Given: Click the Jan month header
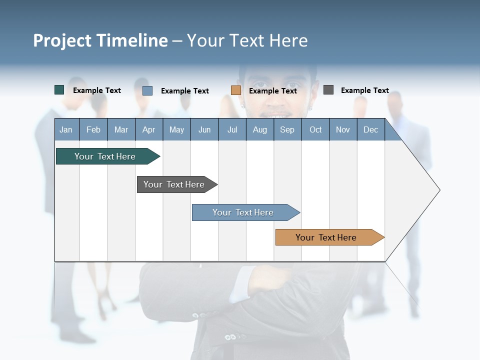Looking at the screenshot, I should [x=66, y=129].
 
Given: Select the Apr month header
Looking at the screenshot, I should [x=149, y=129].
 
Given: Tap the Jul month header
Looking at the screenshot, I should [x=232, y=129].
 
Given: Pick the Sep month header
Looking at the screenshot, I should [x=287, y=129].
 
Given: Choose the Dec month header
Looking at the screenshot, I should [x=370, y=129].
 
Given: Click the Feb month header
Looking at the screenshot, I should [x=93, y=129].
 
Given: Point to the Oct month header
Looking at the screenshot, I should [x=315, y=129].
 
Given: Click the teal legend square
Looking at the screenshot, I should [x=59, y=90].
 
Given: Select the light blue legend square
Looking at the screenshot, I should [x=147, y=90].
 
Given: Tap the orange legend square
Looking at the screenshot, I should [x=236, y=90].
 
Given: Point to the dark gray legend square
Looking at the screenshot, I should [x=328, y=90].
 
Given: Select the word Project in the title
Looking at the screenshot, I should [x=62, y=40].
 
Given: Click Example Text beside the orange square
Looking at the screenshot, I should [x=272, y=91].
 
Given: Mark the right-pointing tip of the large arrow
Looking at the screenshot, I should [x=438, y=190].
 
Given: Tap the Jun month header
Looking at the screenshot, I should [x=204, y=129].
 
